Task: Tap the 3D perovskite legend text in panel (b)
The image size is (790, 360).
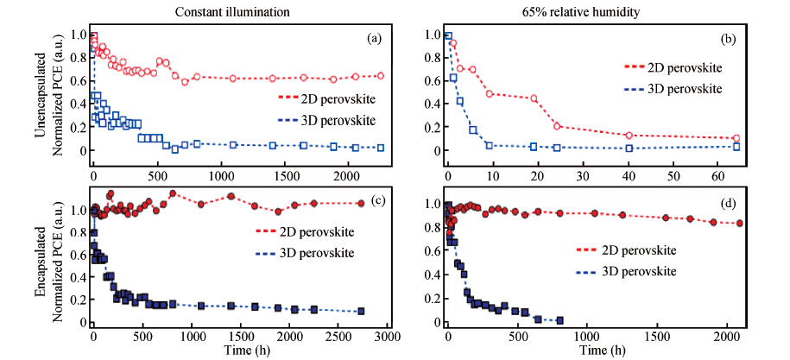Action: (x=686, y=88)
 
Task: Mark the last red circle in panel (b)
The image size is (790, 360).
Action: (x=736, y=138)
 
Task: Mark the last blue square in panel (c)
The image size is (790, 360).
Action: (x=361, y=311)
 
